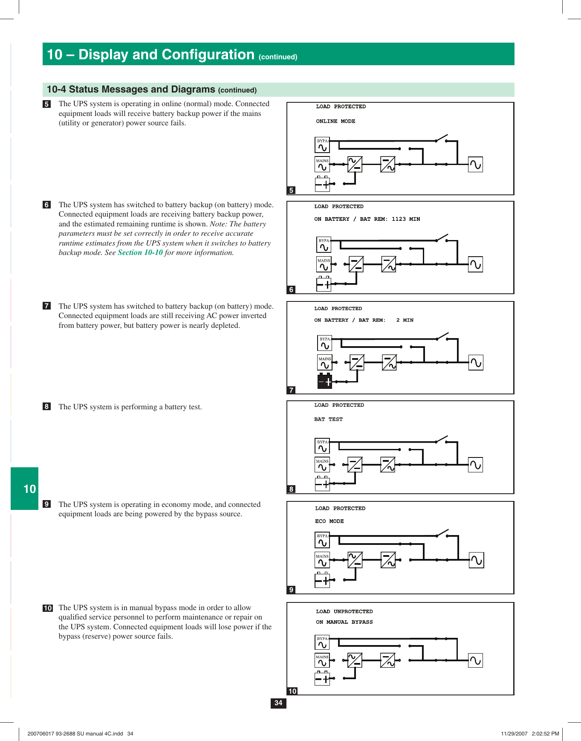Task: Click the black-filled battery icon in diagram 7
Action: pyautogui.click(x=325, y=381)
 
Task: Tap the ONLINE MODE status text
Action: pyautogui.click(x=335, y=122)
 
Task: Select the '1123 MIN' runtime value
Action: pyautogui.click(x=405, y=219)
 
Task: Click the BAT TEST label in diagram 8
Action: pyautogui.click(x=328, y=420)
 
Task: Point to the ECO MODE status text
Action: pyautogui.click(x=329, y=521)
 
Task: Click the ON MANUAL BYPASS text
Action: pyautogui.click(x=344, y=622)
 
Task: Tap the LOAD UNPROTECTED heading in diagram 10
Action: pyautogui.click(x=344, y=612)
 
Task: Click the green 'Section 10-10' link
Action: pyautogui.click(x=140, y=253)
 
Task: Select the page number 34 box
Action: pyautogui.click(x=278, y=703)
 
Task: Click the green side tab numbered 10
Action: pyautogui.click(x=25, y=489)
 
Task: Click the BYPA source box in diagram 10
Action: pyautogui.click(x=322, y=643)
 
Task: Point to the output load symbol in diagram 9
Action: pyautogui.click(x=477, y=560)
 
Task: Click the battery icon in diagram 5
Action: pyautogui.click(x=323, y=184)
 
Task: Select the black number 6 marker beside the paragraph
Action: pyautogui.click(x=47, y=205)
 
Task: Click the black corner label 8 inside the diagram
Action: pyautogui.click(x=292, y=489)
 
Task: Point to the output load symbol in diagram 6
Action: pyautogui.click(x=475, y=264)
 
